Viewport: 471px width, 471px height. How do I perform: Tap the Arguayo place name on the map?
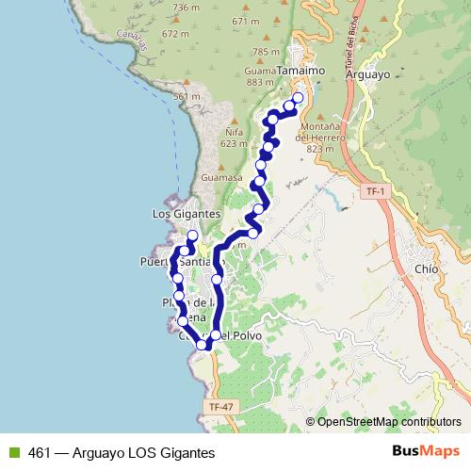pos(367,71)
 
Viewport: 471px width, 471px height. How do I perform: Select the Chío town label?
pos(425,267)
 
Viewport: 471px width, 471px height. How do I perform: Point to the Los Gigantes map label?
pos(187,214)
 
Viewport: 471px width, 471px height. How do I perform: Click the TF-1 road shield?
pos(375,191)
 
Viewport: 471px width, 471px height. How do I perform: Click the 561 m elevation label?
pos(187,97)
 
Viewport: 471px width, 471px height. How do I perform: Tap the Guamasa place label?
pos(222,175)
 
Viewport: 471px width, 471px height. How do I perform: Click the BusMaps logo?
pos(426,451)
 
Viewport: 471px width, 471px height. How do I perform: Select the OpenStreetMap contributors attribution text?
pos(389,421)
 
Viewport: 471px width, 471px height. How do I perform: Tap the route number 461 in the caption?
pos(40,452)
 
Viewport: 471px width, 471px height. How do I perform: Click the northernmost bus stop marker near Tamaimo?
pos(299,98)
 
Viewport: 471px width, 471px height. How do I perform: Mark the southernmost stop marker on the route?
pos(201,345)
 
